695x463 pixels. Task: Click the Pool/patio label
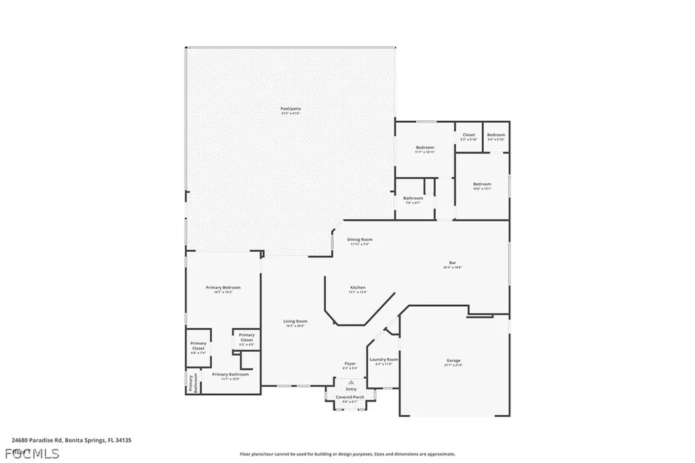[x=290, y=109]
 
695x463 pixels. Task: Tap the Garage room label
[x=453, y=360]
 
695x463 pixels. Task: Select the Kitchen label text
[x=358, y=287]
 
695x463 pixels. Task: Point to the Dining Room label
[x=360, y=240]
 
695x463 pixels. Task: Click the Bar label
[x=452, y=263]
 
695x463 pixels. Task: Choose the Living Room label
[x=295, y=321]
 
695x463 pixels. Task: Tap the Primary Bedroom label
[x=223, y=288]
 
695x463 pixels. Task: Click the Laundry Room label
[x=383, y=359]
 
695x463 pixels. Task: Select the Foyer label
[x=350, y=364]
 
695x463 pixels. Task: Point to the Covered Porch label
[x=350, y=397]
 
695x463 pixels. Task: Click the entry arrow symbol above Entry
[x=351, y=382]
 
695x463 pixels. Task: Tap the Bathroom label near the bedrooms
[x=413, y=198]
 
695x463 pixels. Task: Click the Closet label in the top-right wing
[x=469, y=134]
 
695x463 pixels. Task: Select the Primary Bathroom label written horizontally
[x=230, y=374]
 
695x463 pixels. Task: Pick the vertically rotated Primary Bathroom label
[x=191, y=382]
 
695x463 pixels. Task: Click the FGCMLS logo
[x=31, y=453]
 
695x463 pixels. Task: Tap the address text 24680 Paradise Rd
[x=71, y=440]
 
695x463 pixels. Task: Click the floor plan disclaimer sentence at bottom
[x=347, y=454]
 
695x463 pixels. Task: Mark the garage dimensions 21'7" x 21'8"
[x=453, y=365]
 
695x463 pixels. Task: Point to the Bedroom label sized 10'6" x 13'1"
[x=482, y=184]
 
